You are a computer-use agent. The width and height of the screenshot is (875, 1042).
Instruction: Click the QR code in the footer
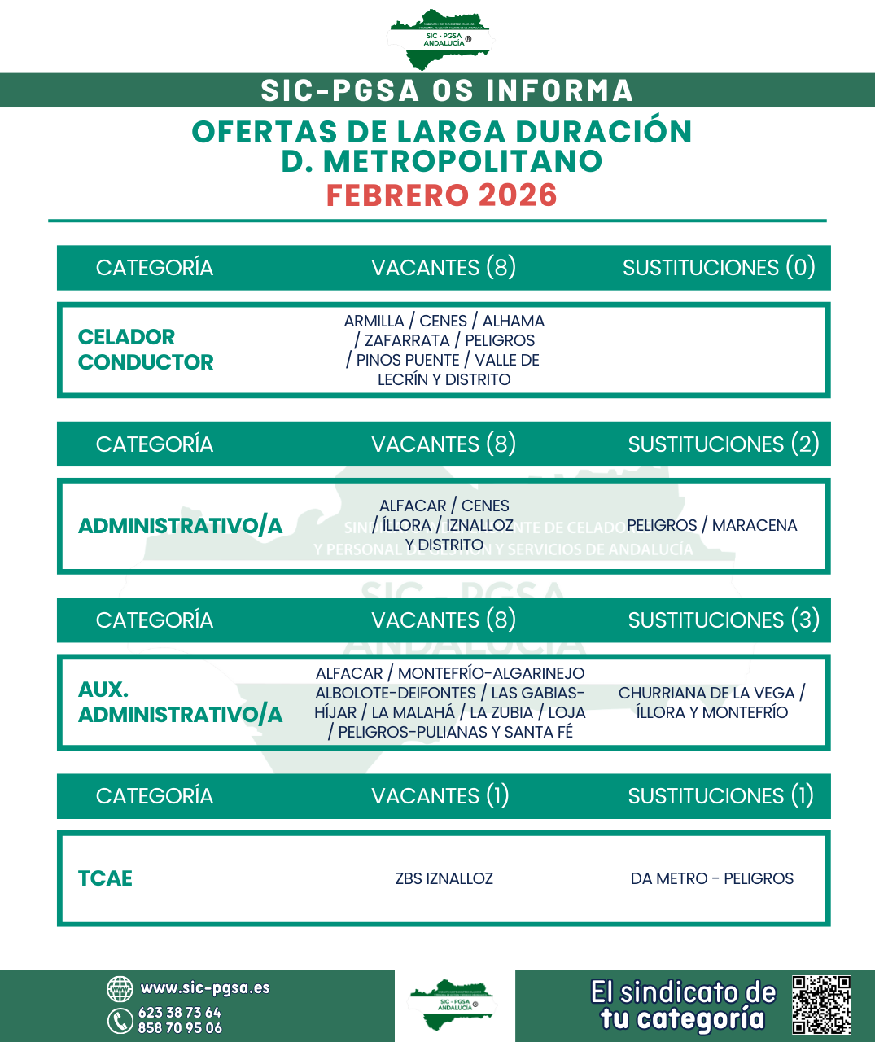(821, 1005)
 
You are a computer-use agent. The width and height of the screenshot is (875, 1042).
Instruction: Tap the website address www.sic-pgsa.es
(204, 988)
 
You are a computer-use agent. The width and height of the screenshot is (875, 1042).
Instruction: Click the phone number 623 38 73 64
(179, 1013)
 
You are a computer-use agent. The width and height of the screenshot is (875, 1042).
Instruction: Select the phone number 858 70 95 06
(180, 1028)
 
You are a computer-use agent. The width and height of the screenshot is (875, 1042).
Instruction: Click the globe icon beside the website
(120, 989)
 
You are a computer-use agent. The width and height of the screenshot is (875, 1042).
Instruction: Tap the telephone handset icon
(120, 1020)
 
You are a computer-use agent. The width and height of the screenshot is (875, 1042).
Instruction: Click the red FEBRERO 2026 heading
(441, 195)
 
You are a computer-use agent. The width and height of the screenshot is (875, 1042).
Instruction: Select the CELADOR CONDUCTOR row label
(145, 349)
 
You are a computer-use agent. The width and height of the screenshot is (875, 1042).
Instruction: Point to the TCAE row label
(105, 878)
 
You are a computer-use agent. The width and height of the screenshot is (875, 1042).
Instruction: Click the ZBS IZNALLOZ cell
(444, 878)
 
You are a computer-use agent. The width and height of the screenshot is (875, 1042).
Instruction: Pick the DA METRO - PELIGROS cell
(711, 878)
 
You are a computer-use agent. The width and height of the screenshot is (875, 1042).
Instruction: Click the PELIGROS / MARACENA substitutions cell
(711, 525)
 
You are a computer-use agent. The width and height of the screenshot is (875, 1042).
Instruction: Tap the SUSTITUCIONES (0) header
(719, 268)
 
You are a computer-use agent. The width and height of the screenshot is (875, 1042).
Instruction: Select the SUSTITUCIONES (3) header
(724, 620)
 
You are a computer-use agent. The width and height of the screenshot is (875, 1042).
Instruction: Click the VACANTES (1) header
(440, 796)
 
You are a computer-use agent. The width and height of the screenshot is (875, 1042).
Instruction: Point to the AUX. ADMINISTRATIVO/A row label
(179, 702)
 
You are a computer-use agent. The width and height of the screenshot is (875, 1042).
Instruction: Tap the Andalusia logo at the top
(440, 39)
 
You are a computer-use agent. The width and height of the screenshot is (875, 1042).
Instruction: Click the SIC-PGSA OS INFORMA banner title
(446, 90)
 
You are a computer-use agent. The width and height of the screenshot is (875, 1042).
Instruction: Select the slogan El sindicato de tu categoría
(683, 1005)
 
